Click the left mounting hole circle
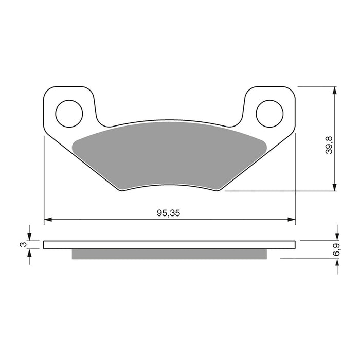click(69, 113)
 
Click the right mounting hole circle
click(269, 113)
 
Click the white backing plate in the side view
click(170, 245)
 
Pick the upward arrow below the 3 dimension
click(30, 254)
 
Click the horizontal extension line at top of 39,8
click(319, 86)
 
